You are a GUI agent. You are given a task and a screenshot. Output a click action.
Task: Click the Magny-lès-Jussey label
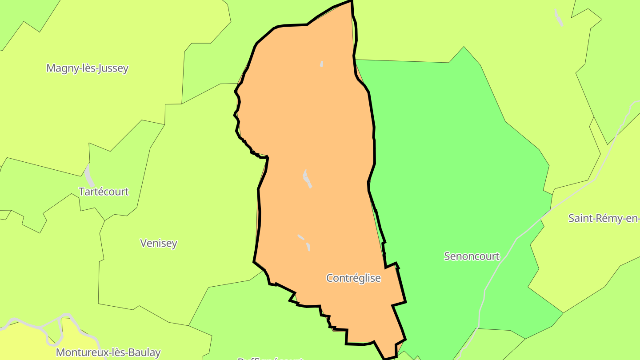[87, 68]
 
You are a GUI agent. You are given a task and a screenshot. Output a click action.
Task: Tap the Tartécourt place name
[104, 192]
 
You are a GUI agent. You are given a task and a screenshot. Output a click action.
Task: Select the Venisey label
[159, 243]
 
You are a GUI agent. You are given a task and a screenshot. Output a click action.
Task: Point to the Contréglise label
[353, 278]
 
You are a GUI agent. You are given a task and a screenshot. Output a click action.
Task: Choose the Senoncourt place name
[472, 256]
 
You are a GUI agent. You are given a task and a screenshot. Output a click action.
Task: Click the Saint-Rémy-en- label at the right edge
[604, 219]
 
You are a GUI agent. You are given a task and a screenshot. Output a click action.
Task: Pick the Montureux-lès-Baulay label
[108, 352]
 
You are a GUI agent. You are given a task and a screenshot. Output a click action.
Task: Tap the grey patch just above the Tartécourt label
[89, 176]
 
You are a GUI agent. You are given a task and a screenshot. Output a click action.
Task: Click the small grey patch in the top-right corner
[559, 17]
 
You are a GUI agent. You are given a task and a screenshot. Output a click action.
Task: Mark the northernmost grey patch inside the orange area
[322, 64]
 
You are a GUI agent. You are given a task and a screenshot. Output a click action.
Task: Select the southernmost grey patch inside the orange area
[308, 247]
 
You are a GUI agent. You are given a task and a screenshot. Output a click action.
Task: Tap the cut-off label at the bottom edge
[270, 358]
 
